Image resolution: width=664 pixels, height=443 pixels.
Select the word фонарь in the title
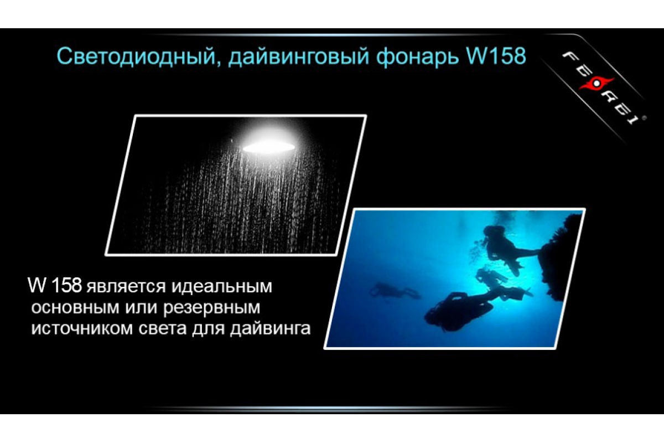[417, 57]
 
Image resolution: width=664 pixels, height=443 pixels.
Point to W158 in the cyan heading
[496, 56]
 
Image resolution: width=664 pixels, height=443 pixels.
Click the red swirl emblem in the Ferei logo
[596, 84]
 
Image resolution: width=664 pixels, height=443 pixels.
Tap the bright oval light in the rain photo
[268, 147]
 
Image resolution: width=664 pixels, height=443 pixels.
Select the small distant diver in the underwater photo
[394, 291]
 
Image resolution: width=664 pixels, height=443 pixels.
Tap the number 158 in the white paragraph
[66, 285]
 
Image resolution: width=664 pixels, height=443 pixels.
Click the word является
[126, 287]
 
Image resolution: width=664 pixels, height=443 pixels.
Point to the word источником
[82, 329]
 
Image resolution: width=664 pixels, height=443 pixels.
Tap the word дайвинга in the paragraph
[271, 328]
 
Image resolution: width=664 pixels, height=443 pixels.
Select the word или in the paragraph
[141, 308]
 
